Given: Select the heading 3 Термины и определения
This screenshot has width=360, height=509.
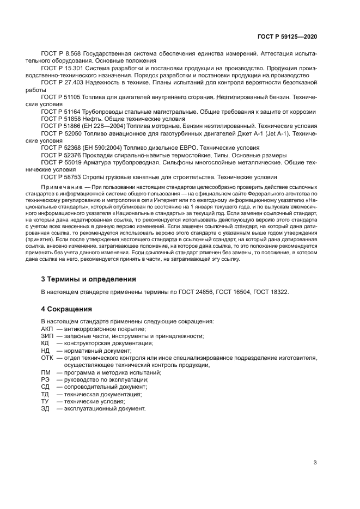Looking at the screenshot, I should (x=89, y=278).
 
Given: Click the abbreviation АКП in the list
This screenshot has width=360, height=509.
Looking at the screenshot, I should (x=48, y=329).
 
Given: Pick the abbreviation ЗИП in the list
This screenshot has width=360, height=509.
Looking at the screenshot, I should (x=48, y=336).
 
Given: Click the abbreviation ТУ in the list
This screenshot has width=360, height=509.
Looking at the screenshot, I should (x=45, y=401).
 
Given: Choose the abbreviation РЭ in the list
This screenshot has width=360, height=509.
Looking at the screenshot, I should (x=46, y=379).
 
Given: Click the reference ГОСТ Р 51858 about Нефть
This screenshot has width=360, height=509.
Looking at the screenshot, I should (x=60, y=119).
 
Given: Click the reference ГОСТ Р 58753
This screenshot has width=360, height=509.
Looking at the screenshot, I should (x=60, y=176).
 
